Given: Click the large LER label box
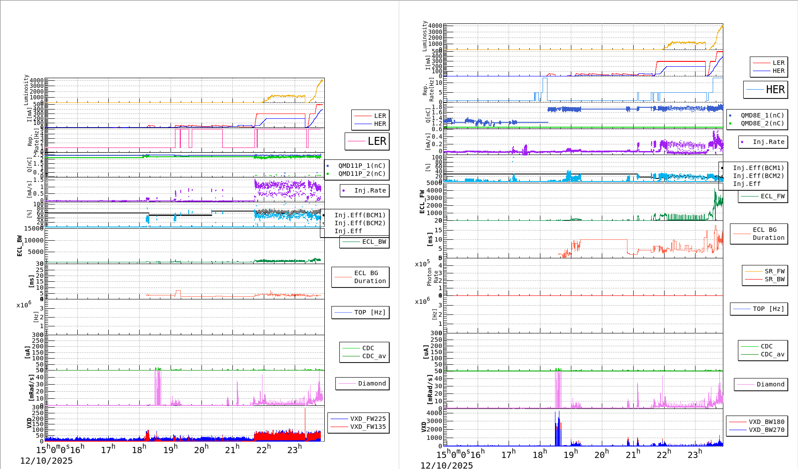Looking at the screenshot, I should tap(367, 141).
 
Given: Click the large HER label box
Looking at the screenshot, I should tap(766, 90).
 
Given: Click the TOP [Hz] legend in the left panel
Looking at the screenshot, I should tap(361, 312).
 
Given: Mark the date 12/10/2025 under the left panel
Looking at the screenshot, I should tap(46, 461).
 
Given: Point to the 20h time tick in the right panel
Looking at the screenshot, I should tap(601, 454).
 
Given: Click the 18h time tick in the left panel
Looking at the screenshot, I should tap(138, 450).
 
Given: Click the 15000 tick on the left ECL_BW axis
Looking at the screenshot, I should tap(34, 228).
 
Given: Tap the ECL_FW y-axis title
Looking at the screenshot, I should tap(422, 202).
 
